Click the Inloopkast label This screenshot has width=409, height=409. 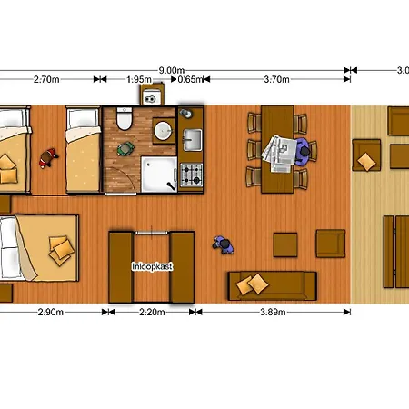pyautogui.click(x=152, y=266)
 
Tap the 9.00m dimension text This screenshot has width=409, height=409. pyautogui.click(x=172, y=70)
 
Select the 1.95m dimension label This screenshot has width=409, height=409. pyautogui.click(x=139, y=79)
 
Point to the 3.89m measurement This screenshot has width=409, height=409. pyautogui.click(x=273, y=312)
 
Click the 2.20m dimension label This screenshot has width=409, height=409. pyautogui.click(x=152, y=312)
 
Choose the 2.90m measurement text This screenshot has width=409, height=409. pyautogui.click(x=51, y=312)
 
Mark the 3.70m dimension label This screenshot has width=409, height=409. pyautogui.click(x=276, y=79)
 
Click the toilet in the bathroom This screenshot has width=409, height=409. pyautogui.click(x=125, y=118)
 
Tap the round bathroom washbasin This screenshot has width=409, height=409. pyautogui.click(x=164, y=131)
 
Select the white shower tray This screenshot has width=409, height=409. pyautogui.click(x=159, y=175)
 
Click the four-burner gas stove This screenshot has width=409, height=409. pyautogui.click(x=192, y=175)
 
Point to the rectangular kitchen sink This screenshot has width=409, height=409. pyautogui.click(x=192, y=140)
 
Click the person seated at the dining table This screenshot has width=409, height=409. pyautogui.click(x=304, y=152)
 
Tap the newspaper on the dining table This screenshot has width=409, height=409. pyautogui.click(x=280, y=154)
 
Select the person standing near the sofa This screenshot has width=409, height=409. pyautogui.click(x=224, y=244)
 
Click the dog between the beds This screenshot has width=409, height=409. pyautogui.click(x=48, y=157)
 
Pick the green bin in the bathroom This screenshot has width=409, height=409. pyautogui.click(x=125, y=148)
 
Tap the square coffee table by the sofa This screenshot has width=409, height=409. pyautogui.click(x=285, y=244)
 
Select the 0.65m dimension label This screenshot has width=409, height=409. pyautogui.click(x=190, y=79)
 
